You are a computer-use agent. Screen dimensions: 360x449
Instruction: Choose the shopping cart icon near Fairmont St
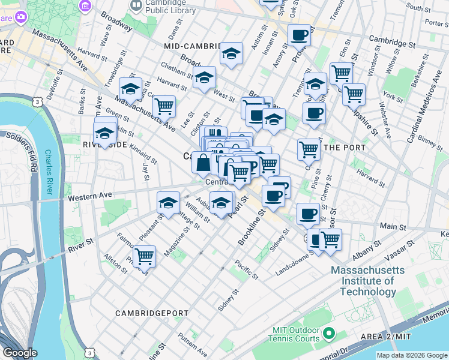pyautogui.click(x=144, y=257)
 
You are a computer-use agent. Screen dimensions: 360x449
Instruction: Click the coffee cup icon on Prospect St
pyautogui.click(x=299, y=35)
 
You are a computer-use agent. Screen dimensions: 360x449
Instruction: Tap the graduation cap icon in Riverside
pyautogui.click(x=105, y=133)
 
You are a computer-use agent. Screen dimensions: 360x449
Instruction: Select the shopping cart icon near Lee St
pyautogui.click(x=163, y=107)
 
